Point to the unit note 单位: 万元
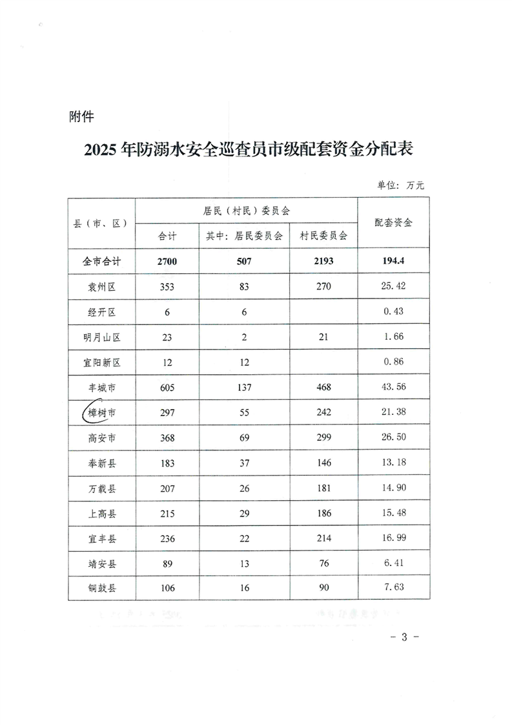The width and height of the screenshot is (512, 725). (400, 185)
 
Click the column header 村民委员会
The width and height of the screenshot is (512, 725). (323, 236)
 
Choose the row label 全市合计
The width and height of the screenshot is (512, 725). (103, 262)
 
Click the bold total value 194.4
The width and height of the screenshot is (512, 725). (393, 262)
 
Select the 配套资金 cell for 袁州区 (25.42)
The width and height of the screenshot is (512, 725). (393, 287)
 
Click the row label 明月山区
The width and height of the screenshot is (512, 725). (103, 337)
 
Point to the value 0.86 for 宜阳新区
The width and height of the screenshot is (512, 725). (393, 362)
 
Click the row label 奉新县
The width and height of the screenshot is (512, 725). (103, 463)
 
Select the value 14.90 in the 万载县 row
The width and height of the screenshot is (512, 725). (393, 489)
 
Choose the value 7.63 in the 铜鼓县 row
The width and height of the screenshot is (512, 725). (393, 589)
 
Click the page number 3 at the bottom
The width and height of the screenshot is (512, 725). (405, 637)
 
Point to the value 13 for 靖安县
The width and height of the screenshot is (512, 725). (244, 564)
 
